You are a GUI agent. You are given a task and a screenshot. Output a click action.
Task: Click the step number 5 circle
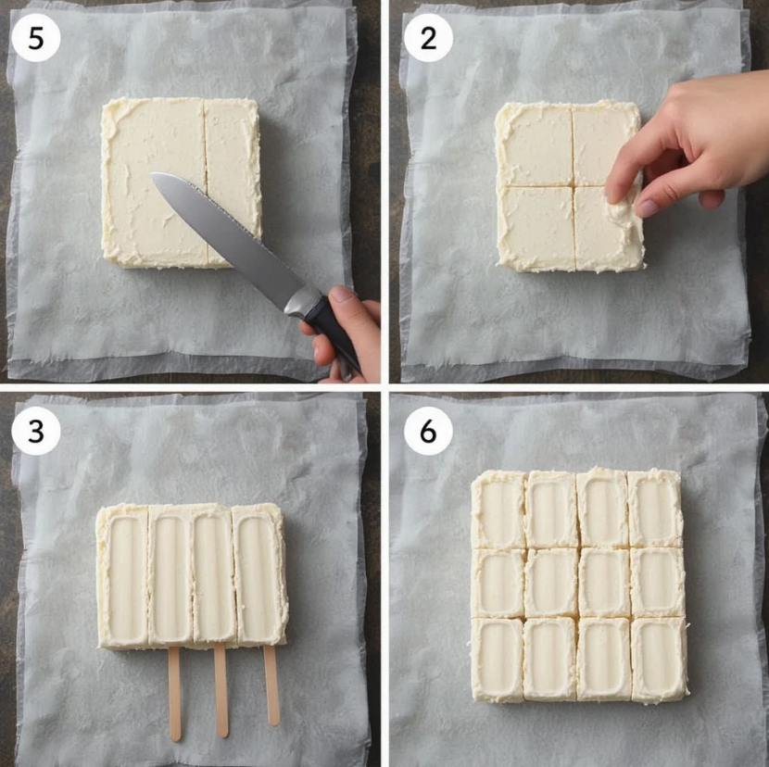[x=36, y=38]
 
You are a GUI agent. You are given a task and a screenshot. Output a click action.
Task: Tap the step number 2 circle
[x=428, y=38]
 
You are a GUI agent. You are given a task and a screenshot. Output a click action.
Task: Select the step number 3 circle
[x=36, y=431]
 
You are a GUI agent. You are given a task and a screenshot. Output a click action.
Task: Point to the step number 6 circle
[x=428, y=431]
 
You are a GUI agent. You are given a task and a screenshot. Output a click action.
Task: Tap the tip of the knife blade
[x=152, y=174]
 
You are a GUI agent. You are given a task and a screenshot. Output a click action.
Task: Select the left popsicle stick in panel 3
[x=175, y=693]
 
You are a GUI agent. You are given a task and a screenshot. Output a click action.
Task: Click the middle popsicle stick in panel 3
[x=221, y=690]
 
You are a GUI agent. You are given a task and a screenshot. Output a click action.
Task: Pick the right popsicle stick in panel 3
[x=271, y=685]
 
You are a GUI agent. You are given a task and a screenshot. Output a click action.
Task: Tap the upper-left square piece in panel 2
[x=535, y=145]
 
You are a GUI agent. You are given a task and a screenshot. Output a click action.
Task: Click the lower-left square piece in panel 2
[x=536, y=229]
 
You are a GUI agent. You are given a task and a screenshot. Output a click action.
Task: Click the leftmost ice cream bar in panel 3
[x=123, y=575]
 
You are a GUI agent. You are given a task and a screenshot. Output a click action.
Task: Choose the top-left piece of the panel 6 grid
[x=498, y=509]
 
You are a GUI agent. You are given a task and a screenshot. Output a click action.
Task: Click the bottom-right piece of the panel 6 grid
[x=659, y=660]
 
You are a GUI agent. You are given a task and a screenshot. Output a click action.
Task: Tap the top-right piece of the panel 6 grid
[x=655, y=508]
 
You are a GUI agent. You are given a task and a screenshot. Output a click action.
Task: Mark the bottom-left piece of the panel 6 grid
[x=498, y=660]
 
